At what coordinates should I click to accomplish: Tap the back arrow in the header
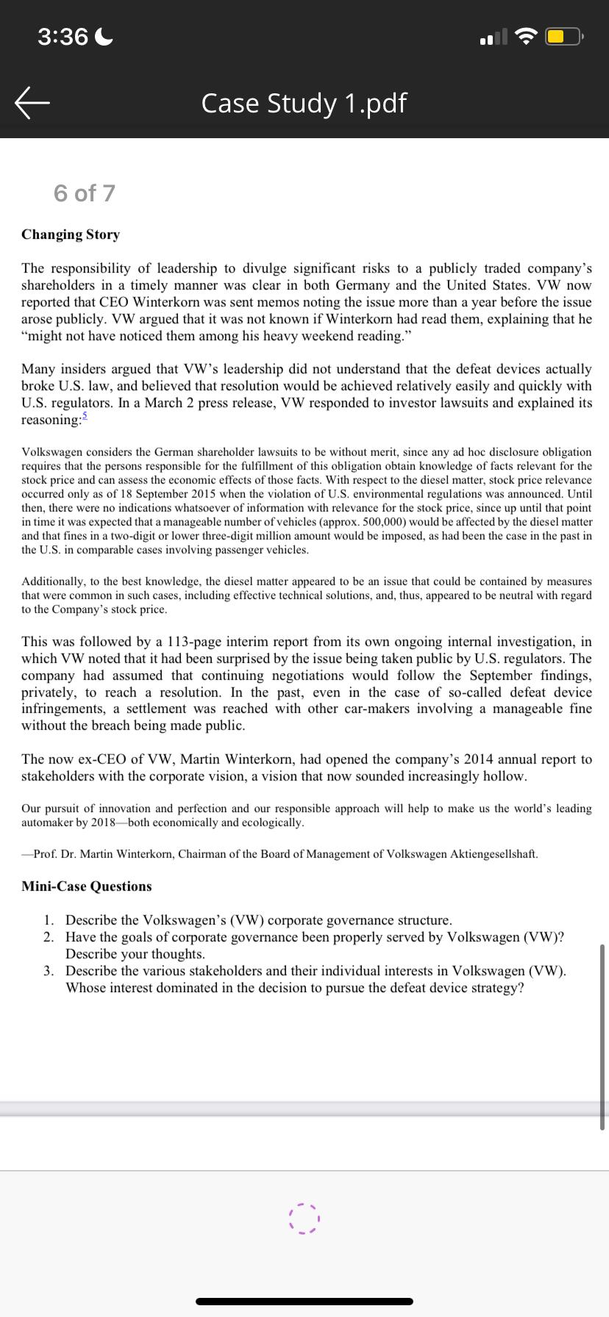(x=32, y=103)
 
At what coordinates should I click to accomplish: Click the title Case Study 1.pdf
(x=304, y=104)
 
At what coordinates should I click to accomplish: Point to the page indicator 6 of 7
(x=85, y=193)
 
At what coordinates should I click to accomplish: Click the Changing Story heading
(x=71, y=234)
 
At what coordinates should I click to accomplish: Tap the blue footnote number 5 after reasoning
(x=85, y=416)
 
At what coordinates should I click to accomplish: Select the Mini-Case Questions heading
(x=87, y=886)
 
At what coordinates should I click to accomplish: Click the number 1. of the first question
(x=49, y=920)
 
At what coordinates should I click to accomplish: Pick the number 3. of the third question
(x=49, y=971)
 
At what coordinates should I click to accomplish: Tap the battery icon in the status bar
(x=565, y=36)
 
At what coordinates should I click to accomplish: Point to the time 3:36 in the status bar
(x=63, y=36)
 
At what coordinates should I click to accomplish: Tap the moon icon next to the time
(x=104, y=36)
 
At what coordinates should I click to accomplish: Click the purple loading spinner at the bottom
(x=304, y=1219)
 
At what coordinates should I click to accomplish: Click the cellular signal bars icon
(x=494, y=36)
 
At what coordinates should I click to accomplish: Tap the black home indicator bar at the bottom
(x=304, y=1301)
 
